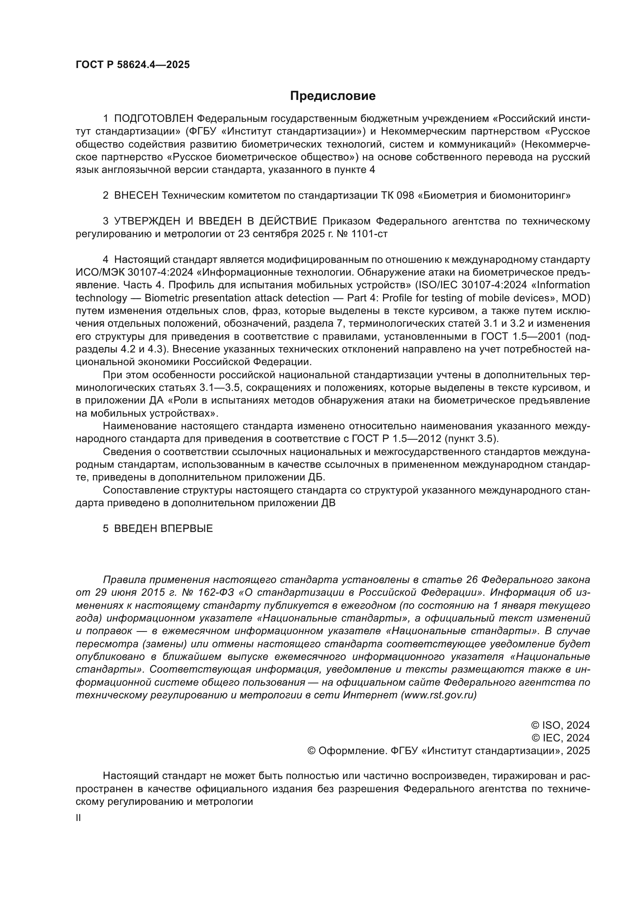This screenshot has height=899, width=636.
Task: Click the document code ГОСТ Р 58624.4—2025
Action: [x=132, y=65]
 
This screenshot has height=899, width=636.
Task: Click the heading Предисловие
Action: [x=333, y=96]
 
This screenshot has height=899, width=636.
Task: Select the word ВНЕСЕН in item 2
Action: [x=136, y=195]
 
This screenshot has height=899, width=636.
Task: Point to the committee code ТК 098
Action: [x=397, y=195]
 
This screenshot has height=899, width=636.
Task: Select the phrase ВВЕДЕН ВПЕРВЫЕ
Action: [x=163, y=528]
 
